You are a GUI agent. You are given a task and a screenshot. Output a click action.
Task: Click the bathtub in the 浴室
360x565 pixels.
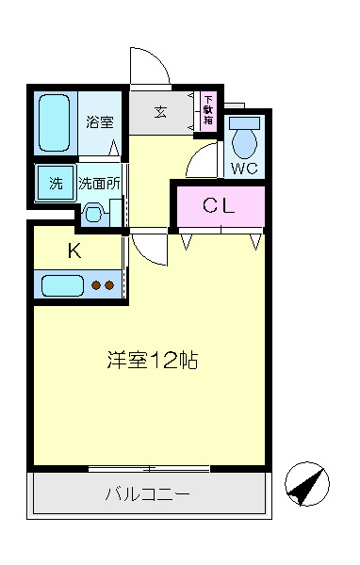pyautogui.click(x=54, y=122)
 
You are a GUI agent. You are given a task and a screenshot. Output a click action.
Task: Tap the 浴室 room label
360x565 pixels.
pyautogui.click(x=100, y=121)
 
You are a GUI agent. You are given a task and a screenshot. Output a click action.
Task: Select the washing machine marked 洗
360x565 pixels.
pyautogui.click(x=56, y=183)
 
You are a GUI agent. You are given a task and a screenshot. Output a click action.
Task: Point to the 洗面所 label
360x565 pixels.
pyautogui.click(x=99, y=184)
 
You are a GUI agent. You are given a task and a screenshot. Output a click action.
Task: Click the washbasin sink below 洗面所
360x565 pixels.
pyautogui.click(x=93, y=214)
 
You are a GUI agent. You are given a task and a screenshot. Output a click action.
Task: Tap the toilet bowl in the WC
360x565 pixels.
pyautogui.click(x=244, y=138)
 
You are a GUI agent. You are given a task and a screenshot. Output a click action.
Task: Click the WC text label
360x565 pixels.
pyautogui.click(x=244, y=168)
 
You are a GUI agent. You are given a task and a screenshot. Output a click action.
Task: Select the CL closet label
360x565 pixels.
pyautogui.click(x=219, y=205)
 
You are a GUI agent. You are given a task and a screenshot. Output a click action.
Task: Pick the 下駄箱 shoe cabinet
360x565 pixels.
pyautogui.click(x=208, y=111)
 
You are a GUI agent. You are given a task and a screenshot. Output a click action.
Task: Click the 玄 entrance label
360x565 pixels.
pyautogui.click(x=160, y=112)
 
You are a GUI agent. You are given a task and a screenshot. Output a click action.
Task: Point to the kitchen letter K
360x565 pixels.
pyautogui.click(x=74, y=250)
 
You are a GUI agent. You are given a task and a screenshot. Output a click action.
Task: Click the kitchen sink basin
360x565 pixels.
pyautogui.click(x=63, y=285)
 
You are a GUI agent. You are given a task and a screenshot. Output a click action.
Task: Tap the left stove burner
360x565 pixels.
pyautogui.click(x=96, y=285)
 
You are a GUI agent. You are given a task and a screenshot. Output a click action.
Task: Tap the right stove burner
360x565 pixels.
pyautogui.click(x=109, y=285)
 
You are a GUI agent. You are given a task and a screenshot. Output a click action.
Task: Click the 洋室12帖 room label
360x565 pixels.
pyautogui.click(x=153, y=360)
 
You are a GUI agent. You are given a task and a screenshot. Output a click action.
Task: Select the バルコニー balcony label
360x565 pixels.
pyautogui.click(x=148, y=493)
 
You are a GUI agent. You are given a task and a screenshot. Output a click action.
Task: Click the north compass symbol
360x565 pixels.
pyautogui.click(x=307, y=484)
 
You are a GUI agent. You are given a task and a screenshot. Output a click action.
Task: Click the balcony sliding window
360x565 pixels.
pyautogui.click(x=149, y=469)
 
